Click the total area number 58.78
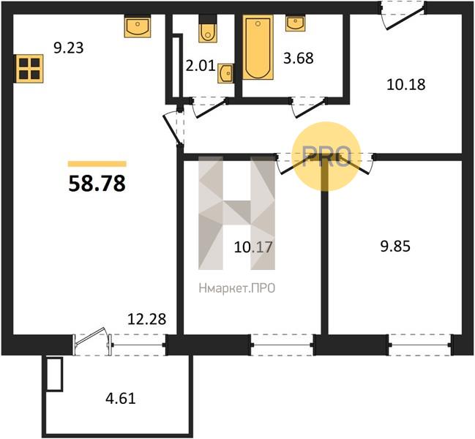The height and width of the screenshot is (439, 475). (97, 184)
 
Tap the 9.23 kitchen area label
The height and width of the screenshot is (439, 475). (69, 48)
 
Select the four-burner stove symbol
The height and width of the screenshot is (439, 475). (29, 69)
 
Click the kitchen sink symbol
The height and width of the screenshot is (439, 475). (138, 26)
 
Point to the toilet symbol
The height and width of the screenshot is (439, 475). (208, 28)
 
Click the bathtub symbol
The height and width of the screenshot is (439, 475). (258, 47)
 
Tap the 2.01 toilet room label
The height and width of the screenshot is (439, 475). (201, 66)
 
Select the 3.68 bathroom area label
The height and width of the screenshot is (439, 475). (299, 58)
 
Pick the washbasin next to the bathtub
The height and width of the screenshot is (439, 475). (296, 23)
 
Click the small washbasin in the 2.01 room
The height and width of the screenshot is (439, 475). (225, 73)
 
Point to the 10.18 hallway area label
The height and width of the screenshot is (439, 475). (406, 84)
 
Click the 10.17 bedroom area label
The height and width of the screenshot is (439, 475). (253, 247)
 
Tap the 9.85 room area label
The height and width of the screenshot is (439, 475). (395, 246)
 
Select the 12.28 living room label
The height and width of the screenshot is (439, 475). (147, 319)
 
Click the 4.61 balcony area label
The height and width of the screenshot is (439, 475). (121, 398)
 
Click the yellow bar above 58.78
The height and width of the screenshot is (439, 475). (97, 164)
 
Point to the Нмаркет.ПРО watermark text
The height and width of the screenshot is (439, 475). (237, 288)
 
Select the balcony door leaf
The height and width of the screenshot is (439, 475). (90, 336)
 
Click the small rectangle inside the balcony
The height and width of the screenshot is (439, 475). (55, 374)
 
